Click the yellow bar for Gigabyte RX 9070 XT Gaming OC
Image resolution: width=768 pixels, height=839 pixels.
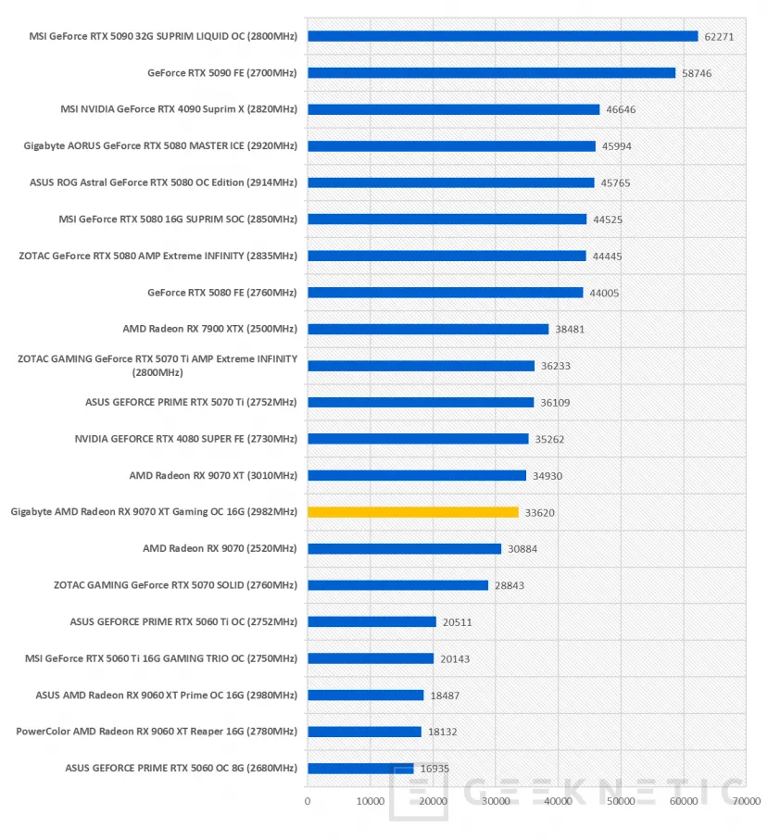coord(413,512)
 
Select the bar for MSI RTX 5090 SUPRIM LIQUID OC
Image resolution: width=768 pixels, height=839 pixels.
coord(502,36)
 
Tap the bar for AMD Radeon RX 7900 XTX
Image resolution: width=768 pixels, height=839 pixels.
coord(428,329)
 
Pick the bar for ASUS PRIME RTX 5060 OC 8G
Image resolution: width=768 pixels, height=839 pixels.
coord(360,768)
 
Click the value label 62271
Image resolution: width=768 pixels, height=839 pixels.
coord(719,37)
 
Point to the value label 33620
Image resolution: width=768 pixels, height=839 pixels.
coord(540,512)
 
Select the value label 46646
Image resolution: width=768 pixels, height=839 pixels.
coord(621,110)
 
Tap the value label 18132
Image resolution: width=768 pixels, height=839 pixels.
coord(443,732)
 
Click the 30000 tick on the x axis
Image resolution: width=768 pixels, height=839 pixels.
coord(496,801)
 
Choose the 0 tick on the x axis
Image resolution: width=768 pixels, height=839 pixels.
coord(308,801)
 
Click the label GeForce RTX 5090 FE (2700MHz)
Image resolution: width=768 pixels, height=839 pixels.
coord(222,73)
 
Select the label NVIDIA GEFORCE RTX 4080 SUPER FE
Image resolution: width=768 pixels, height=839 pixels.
coord(186,439)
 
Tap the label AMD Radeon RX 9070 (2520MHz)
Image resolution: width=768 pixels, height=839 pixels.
coord(220,549)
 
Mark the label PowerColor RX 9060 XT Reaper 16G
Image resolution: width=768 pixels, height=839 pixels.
coord(157,732)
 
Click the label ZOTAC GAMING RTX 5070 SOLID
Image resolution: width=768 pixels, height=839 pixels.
coord(175,585)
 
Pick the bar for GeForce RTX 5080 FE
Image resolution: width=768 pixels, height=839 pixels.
coord(445,293)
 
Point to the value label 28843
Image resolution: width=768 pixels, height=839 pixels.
coord(510,585)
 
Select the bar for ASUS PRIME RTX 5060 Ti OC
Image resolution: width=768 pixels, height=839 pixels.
coord(371,621)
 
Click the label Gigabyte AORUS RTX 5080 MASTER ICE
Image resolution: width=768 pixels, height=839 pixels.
coord(160,146)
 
